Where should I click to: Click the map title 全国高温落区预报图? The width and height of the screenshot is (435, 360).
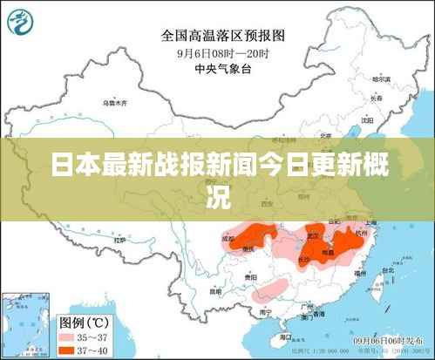click(x=223, y=36)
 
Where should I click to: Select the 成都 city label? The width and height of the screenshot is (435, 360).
click(x=228, y=236)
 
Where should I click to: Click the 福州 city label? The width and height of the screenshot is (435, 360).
click(x=357, y=274)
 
